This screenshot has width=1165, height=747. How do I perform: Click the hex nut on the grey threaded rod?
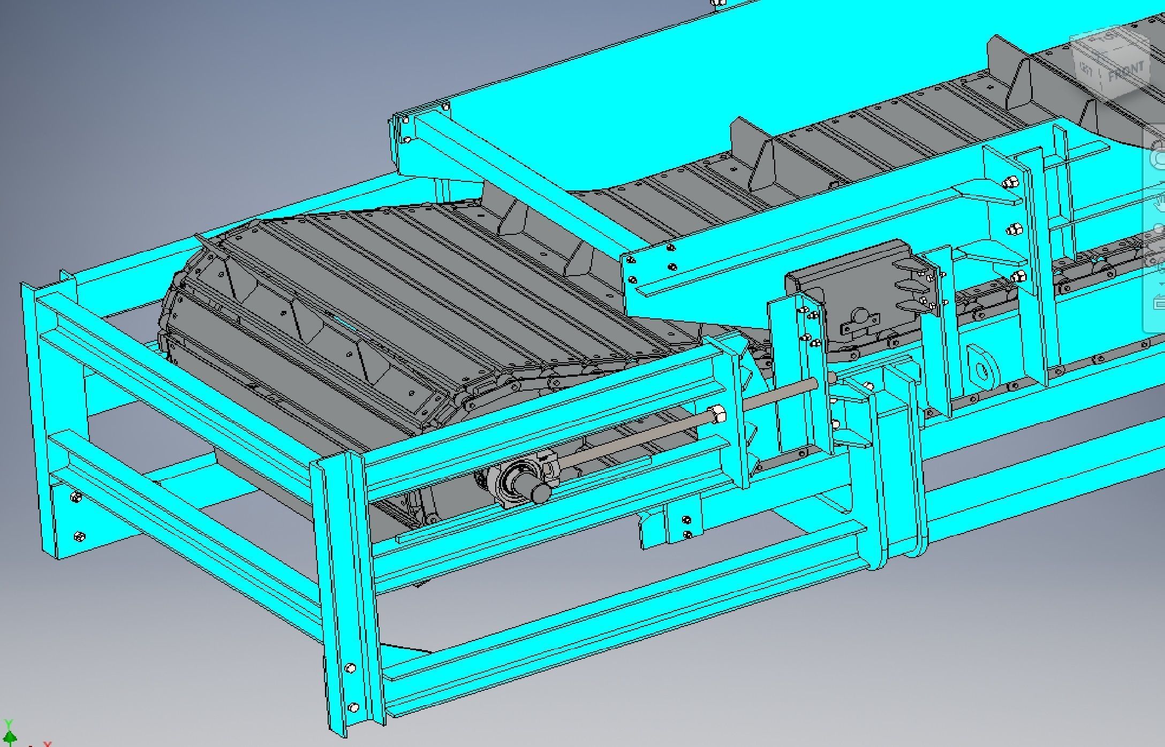coord(717,413)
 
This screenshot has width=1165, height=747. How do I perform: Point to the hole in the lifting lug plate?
coord(981,369)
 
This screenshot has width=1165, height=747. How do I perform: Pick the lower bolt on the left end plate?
coord(79,536)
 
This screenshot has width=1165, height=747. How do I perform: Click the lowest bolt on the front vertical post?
coord(353,707)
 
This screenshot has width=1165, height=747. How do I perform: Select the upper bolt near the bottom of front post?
coord(350,668)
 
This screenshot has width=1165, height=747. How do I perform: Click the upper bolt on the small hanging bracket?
coord(686,519)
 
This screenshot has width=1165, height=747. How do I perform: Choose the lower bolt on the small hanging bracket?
coord(687,534)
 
